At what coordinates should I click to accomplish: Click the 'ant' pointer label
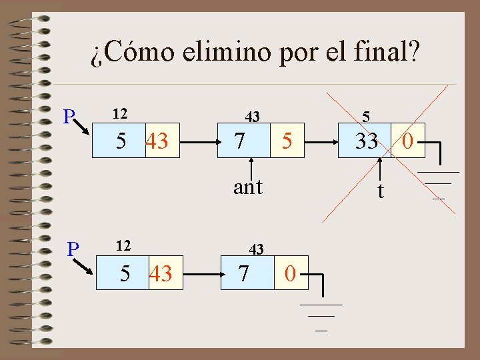pos(248,187)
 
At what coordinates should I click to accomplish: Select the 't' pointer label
pos(380,191)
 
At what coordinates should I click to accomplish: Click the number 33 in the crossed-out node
pos(366,141)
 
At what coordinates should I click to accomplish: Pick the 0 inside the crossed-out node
pos(409,141)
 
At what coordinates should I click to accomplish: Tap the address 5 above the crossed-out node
pos(366,117)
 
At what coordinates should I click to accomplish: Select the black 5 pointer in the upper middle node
pos(286,141)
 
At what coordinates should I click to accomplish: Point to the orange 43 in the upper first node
pos(157,141)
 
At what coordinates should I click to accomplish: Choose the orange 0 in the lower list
pos(290,273)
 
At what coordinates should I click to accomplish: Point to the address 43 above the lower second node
pos(257,249)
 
